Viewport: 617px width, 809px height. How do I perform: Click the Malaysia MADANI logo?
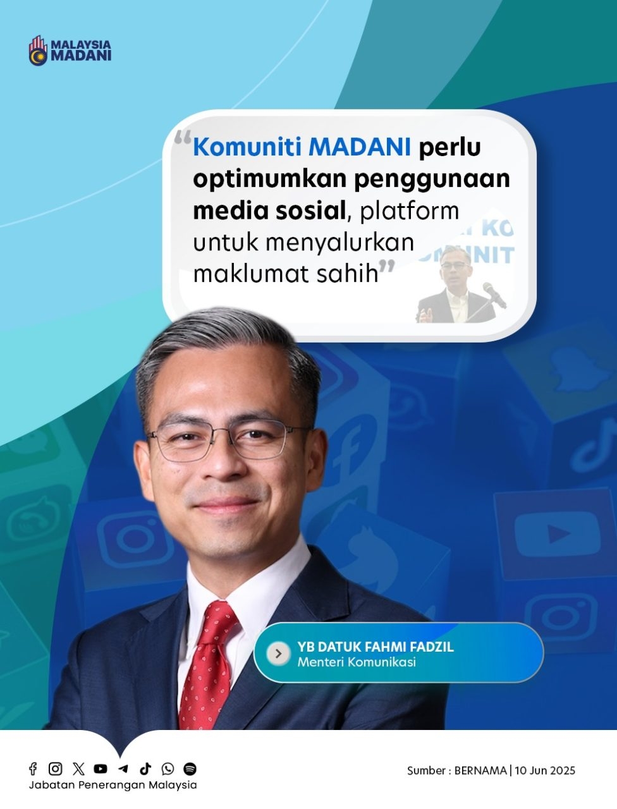pyautogui.click(x=70, y=51)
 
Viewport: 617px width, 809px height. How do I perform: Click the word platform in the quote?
pyautogui.click(x=410, y=212)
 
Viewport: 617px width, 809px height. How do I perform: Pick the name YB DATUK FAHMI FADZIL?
pyautogui.click(x=376, y=647)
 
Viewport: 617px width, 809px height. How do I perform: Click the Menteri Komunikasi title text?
pyautogui.click(x=357, y=662)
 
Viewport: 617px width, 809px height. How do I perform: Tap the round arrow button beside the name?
pyautogui.click(x=278, y=654)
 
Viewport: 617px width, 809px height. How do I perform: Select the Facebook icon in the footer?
pyautogui.click(x=33, y=769)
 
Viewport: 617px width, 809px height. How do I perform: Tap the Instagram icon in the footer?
pyautogui.click(x=55, y=769)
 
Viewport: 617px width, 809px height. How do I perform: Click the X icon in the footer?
pyautogui.click(x=78, y=769)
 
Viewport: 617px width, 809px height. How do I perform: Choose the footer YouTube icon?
pyautogui.click(x=101, y=769)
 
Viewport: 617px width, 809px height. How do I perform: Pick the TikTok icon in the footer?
pyautogui.click(x=145, y=769)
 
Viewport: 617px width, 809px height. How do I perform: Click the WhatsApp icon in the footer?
pyautogui.click(x=168, y=769)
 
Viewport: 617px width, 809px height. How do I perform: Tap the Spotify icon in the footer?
pyautogui.click(x=190, y=769)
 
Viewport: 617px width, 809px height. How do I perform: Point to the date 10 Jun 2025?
pyautogui.click(x=545, y=770)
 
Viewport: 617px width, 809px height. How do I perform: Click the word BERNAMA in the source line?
pyautogui.click(x=480, y=770)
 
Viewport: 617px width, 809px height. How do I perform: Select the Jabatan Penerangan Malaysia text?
pyautogui.click(x=113, y=785)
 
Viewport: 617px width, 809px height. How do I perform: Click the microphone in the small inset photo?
pyautogui.click(x=494, y=295)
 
